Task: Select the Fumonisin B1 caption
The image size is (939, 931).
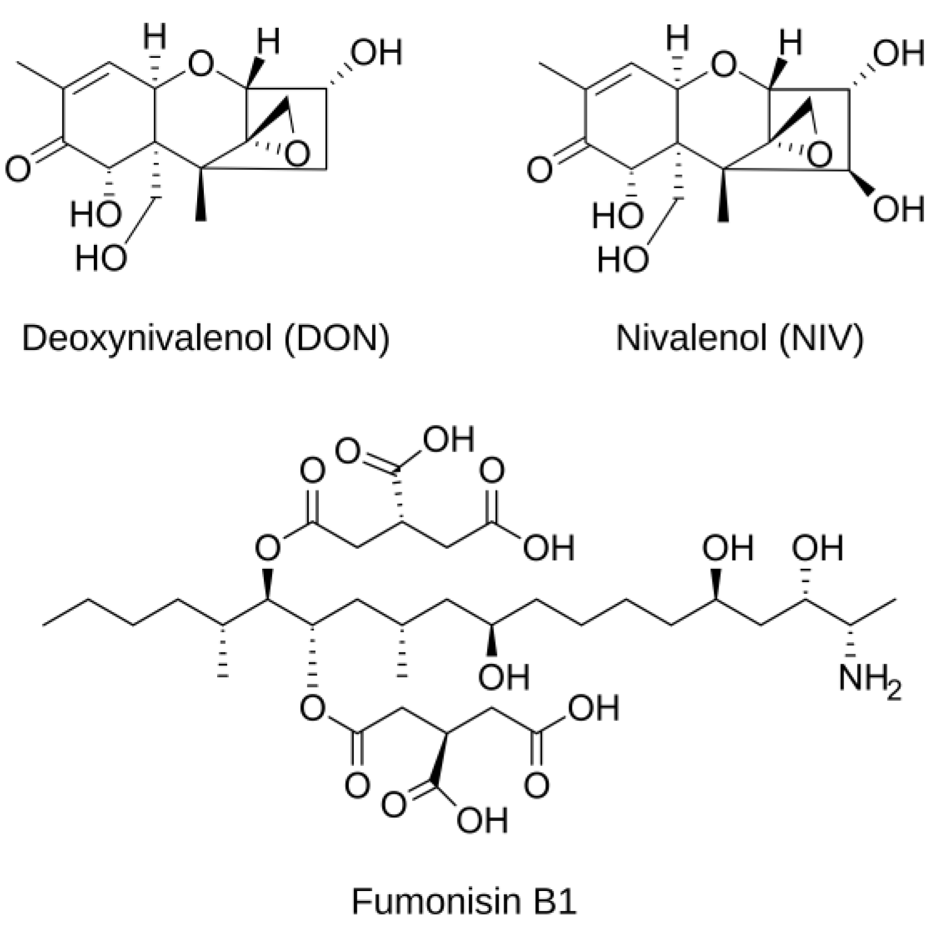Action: pyautogui.click(x=464, y=901)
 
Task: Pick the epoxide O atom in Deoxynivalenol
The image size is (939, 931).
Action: pyautogui.click(x=298, y=154)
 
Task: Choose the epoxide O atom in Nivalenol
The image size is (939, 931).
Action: pyautogui.click(x=820, y=154)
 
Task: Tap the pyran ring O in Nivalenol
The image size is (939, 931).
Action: pyautogui.click(x=722, y=65)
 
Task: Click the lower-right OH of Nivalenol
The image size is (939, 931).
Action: pyautogui.click(x=898, y=209)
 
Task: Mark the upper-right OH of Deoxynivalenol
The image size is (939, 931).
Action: pyautogui.click(x=376, y=53)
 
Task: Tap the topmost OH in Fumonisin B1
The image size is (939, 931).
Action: pyautogui.click(x=449, y=440)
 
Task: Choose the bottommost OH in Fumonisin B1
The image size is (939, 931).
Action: pyautogui.click(x=482, y=820)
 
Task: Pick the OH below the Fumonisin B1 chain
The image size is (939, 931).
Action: pyautogui.click(x=504, y=678)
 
